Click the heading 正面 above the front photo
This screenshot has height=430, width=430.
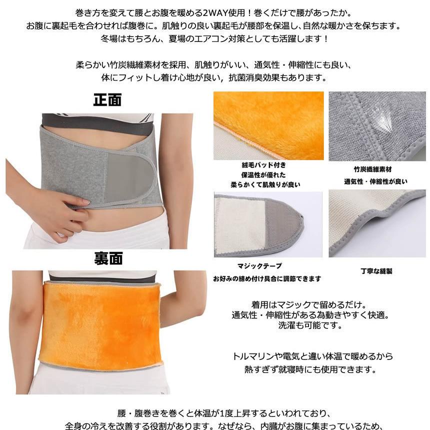[107, 100]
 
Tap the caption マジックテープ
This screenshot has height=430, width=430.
[259, 266]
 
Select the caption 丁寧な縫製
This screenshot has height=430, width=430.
[376, 271]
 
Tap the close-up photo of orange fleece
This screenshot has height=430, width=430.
[268, 124]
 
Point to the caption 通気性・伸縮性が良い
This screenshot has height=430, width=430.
[375, 181]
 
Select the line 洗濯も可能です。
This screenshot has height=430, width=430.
[310, 325]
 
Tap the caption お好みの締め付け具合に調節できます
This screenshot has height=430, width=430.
[266, 278]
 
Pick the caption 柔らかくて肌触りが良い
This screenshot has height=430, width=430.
[265, 184]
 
